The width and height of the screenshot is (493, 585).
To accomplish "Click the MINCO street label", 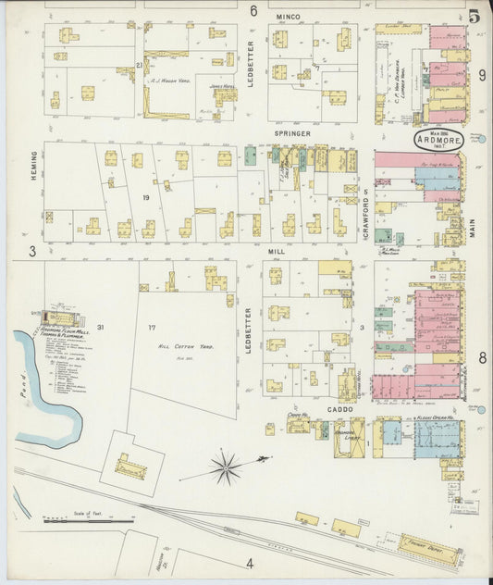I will [290, 17].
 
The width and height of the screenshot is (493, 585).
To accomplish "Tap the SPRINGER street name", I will [291, 133].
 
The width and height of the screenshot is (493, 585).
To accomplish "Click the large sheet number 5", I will [475, 16].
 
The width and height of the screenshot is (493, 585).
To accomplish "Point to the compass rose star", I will [225, 467].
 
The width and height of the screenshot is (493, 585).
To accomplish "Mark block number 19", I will [145, 198].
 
